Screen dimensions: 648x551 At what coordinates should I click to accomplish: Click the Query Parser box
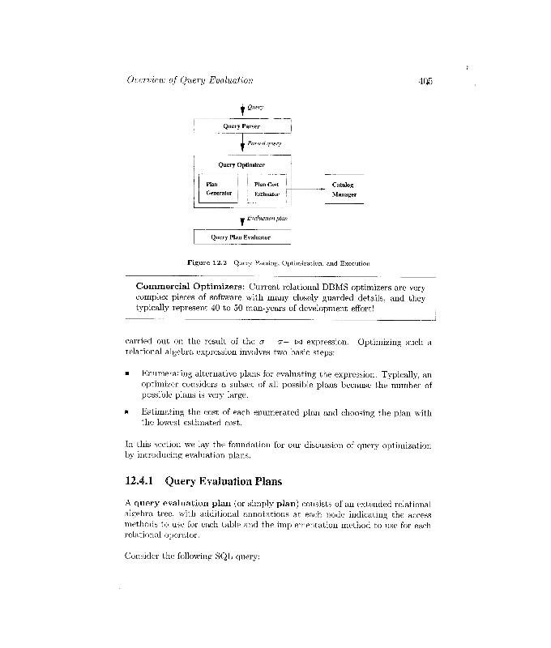[x=241, y=126]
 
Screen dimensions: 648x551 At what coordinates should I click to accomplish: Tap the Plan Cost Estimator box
[x=266, y=190]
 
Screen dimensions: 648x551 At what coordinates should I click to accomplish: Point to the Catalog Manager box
[x=344, y=190]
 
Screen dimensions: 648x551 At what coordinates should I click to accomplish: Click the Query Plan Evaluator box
[x=241, y=237]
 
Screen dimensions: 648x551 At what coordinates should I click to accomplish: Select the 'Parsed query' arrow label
[x=263, y=143]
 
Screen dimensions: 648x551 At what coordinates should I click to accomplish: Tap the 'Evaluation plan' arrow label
[x=267, y=218]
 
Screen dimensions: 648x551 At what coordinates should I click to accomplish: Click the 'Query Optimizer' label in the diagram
[x=241, y=164]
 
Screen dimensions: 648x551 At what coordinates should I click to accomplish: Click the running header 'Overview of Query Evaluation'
[x=190, y=80]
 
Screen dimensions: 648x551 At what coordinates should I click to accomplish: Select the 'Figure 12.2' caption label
[x=207, y=262]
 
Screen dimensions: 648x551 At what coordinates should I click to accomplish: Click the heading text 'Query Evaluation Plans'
[x=224, y=481]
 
